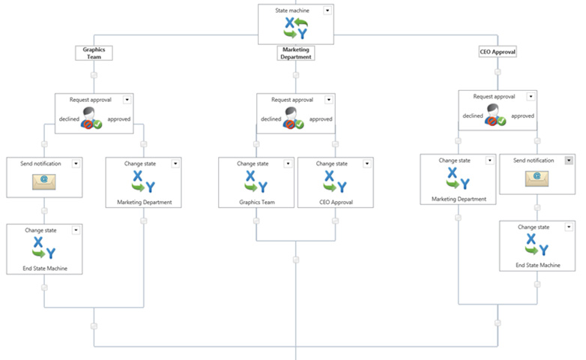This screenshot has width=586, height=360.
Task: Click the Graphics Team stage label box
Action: (94, 52)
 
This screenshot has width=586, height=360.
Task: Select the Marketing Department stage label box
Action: (296, 52)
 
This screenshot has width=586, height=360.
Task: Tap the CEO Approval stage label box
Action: (498, 52)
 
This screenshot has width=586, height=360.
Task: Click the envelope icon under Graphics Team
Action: (44, 180)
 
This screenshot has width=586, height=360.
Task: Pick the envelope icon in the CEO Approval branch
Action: (537, 178)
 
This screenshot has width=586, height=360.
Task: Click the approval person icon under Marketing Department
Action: (296, 118)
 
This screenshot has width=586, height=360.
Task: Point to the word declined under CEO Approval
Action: (473, 115)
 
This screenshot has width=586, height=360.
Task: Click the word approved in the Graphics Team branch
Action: (118, 118)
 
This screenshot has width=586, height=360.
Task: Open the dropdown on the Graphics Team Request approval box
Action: (127, 99)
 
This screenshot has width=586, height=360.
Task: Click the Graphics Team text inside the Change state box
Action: (256, 201)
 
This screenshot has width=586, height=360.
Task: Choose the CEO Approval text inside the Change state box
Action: (335, 201)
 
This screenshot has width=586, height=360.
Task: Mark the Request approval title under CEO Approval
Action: (494, 96)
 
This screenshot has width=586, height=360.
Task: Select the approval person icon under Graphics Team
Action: (94, 118)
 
